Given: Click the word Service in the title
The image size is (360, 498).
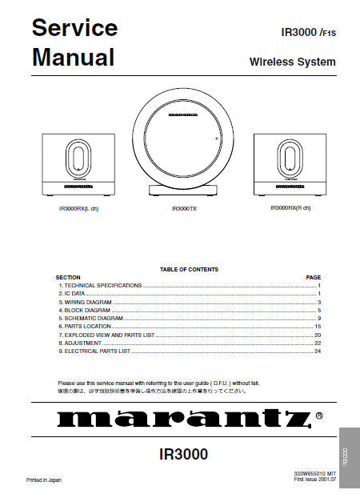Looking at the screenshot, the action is click(74, 28).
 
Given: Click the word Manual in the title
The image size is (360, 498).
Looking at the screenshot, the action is click(73, 58).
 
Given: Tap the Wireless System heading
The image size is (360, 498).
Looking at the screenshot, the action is click(292, 62).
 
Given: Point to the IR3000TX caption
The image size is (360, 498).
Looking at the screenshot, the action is click(183, 209).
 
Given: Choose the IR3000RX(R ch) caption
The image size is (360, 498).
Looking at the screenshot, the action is click(290, 208).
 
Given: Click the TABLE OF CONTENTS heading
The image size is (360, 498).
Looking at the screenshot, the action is click(189, 270).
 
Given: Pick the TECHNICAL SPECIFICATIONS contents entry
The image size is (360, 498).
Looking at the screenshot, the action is click(102, 286).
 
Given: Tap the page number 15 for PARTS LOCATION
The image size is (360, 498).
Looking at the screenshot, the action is click(318, 327).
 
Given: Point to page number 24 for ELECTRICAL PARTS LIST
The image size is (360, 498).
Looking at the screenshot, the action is click(318, 351).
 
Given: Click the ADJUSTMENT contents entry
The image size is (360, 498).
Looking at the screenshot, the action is click(83, 343).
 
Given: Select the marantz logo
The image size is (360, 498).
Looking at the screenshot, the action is click(182, 418).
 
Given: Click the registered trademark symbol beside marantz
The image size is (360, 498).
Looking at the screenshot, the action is click(319, 416).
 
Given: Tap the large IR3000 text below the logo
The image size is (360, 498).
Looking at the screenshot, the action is click(183, 454).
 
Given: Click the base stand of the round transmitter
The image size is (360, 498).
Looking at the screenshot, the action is click(183, 191).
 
